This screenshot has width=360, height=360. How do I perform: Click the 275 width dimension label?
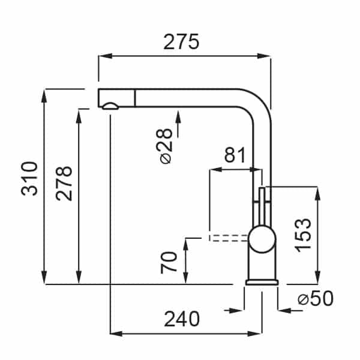click(x=181, y=42)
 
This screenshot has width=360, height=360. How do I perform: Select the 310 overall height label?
click(x=29, y=179)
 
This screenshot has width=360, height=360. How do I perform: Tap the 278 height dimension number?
click(x=64, y=183)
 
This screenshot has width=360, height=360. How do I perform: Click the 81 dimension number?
click(x=235, y=155)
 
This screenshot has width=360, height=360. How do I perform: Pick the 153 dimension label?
click(x=303, y=235)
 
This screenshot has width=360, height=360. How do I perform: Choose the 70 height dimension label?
click(x=169, y=263)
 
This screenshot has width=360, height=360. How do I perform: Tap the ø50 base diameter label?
click(x=316, y=298)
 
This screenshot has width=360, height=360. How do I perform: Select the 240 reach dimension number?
click(x=182, y=319)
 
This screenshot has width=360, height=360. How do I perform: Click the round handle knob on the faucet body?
click(x=262, y=239)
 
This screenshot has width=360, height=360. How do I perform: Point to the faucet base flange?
click(x=262, y=283)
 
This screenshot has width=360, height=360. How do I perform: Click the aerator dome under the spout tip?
click(x=110, y=106)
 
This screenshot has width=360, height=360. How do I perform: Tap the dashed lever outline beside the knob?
click(x=229, y=238)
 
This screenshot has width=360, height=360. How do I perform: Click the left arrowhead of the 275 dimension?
click(x=105, y=56)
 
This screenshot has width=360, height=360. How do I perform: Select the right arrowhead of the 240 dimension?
click(x=255, y=334)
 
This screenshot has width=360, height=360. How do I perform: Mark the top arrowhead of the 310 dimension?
click(x=44, y=96)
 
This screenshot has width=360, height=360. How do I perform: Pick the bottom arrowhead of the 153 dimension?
click(x=318, y=277)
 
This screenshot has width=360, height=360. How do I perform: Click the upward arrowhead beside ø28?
click(x=178, y=117)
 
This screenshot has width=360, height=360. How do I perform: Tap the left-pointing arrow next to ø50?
click(x=284, y=311)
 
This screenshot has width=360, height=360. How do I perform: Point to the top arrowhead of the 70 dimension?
click(x=186, y=245)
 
